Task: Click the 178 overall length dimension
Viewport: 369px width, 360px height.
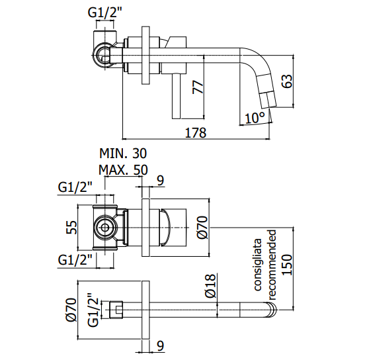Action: pyautogui.click(x=196, y=132)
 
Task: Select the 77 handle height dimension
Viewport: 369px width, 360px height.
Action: pyautogui.click(x=198, y=87)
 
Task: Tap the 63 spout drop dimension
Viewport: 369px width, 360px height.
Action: pyautogui.click(x=286, y=81)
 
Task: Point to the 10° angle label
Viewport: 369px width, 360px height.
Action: pyautogui.click(x=255, y=118)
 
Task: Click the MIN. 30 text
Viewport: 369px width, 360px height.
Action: pyautogui.click(x=123, y=154)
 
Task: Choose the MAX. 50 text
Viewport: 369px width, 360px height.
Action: pyautogui.click(x=123, y=169)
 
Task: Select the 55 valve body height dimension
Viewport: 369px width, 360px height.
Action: pyautogui.click(x=72, y=228)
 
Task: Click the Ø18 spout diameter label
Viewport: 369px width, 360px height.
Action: pyautogui.click(x=210, y=286)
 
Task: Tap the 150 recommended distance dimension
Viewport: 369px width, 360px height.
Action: pyautogui.click(x=286, y=265)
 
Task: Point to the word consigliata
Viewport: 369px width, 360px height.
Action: pyautogui.click(x=258, y=265)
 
